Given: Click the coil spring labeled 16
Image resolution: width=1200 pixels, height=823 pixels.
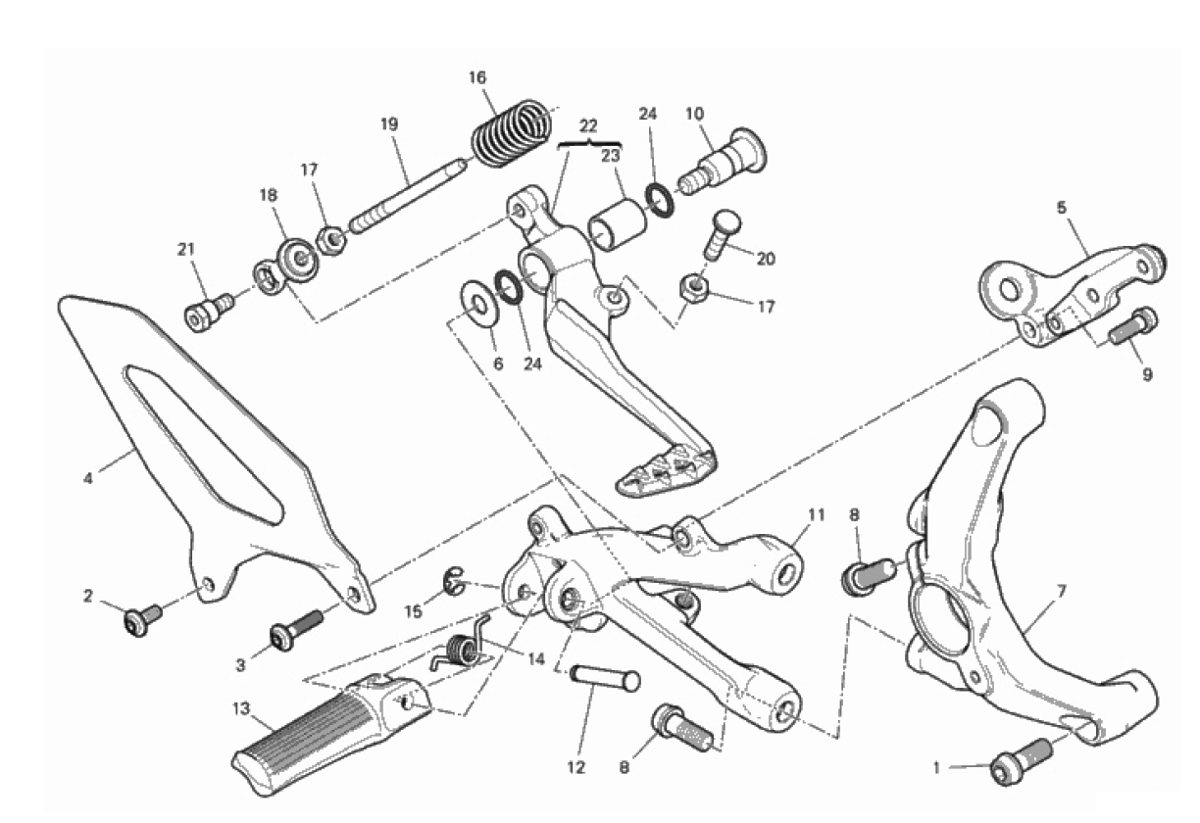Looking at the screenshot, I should (x=512, y=129).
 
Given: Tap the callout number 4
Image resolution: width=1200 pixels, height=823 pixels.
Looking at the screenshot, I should (x=88, y=478).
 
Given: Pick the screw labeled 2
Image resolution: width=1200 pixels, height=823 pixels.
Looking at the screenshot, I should (x=143, y=619).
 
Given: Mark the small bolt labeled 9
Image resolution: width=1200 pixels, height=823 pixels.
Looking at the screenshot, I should (x=1132, y=325).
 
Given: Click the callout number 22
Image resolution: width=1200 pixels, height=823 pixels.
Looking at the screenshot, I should (x=588, y=126).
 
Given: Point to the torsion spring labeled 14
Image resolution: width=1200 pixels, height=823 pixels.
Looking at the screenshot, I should (x=460, y=650).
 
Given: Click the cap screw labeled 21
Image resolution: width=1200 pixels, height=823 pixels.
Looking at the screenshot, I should (x=206, y=310).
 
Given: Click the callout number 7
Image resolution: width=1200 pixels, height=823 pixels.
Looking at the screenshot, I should (x=1062, y=591).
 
